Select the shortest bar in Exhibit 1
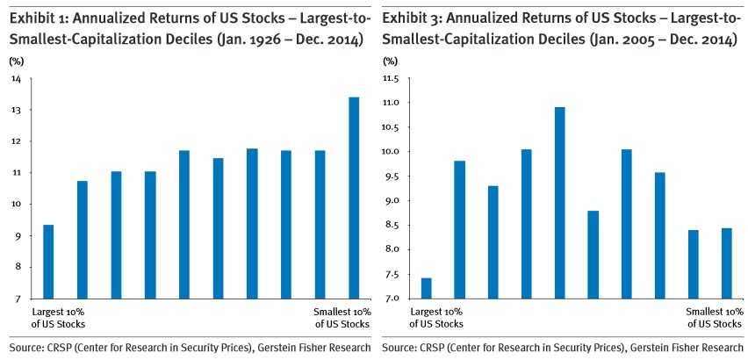click(48, 262)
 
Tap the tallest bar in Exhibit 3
click(559, 203)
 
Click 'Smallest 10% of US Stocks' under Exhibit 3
click(713, 318)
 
